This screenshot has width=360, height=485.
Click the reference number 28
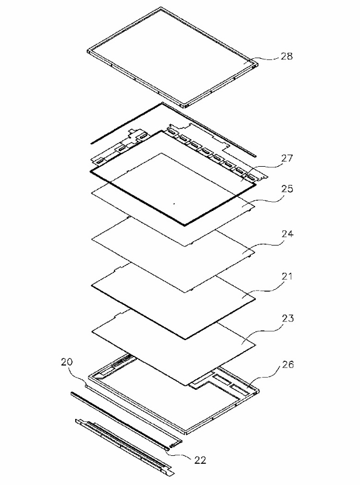coord(287,56)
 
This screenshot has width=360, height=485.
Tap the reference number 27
coord(287,158)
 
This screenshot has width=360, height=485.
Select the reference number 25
coord(287,188)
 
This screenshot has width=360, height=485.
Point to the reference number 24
coord(287,233)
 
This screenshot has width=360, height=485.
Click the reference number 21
coord(287,276)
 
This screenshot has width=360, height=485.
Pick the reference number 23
coord(287,318)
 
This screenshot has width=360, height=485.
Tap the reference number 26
coord(288,364)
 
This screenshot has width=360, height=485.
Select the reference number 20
coord(67,361)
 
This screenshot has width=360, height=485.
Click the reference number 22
coord(200,460)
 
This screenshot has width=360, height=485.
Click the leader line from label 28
coord(262,58)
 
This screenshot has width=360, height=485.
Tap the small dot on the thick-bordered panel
coord(174,204)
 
